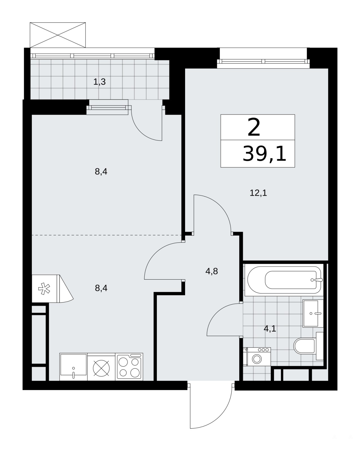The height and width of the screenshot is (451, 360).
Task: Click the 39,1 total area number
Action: [264, 154]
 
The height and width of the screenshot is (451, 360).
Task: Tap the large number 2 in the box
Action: [254, 127]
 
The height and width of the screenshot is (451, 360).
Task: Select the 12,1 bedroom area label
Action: [258, 193]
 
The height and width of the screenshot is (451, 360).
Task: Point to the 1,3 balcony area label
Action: [99, 82]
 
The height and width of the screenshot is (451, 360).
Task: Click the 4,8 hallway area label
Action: [212, 271]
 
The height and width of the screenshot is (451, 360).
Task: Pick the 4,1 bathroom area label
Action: [270, 329]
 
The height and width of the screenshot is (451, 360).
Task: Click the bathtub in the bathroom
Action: [284, 280]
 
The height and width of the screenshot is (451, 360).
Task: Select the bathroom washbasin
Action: [313, 313]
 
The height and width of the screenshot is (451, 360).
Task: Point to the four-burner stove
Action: [129, 367]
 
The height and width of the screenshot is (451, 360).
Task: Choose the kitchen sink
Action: [73, 367]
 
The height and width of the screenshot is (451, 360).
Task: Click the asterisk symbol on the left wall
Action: [44, 289]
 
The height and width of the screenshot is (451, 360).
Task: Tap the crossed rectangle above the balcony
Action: [58, 35]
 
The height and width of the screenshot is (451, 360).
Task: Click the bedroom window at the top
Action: [263, 61]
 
